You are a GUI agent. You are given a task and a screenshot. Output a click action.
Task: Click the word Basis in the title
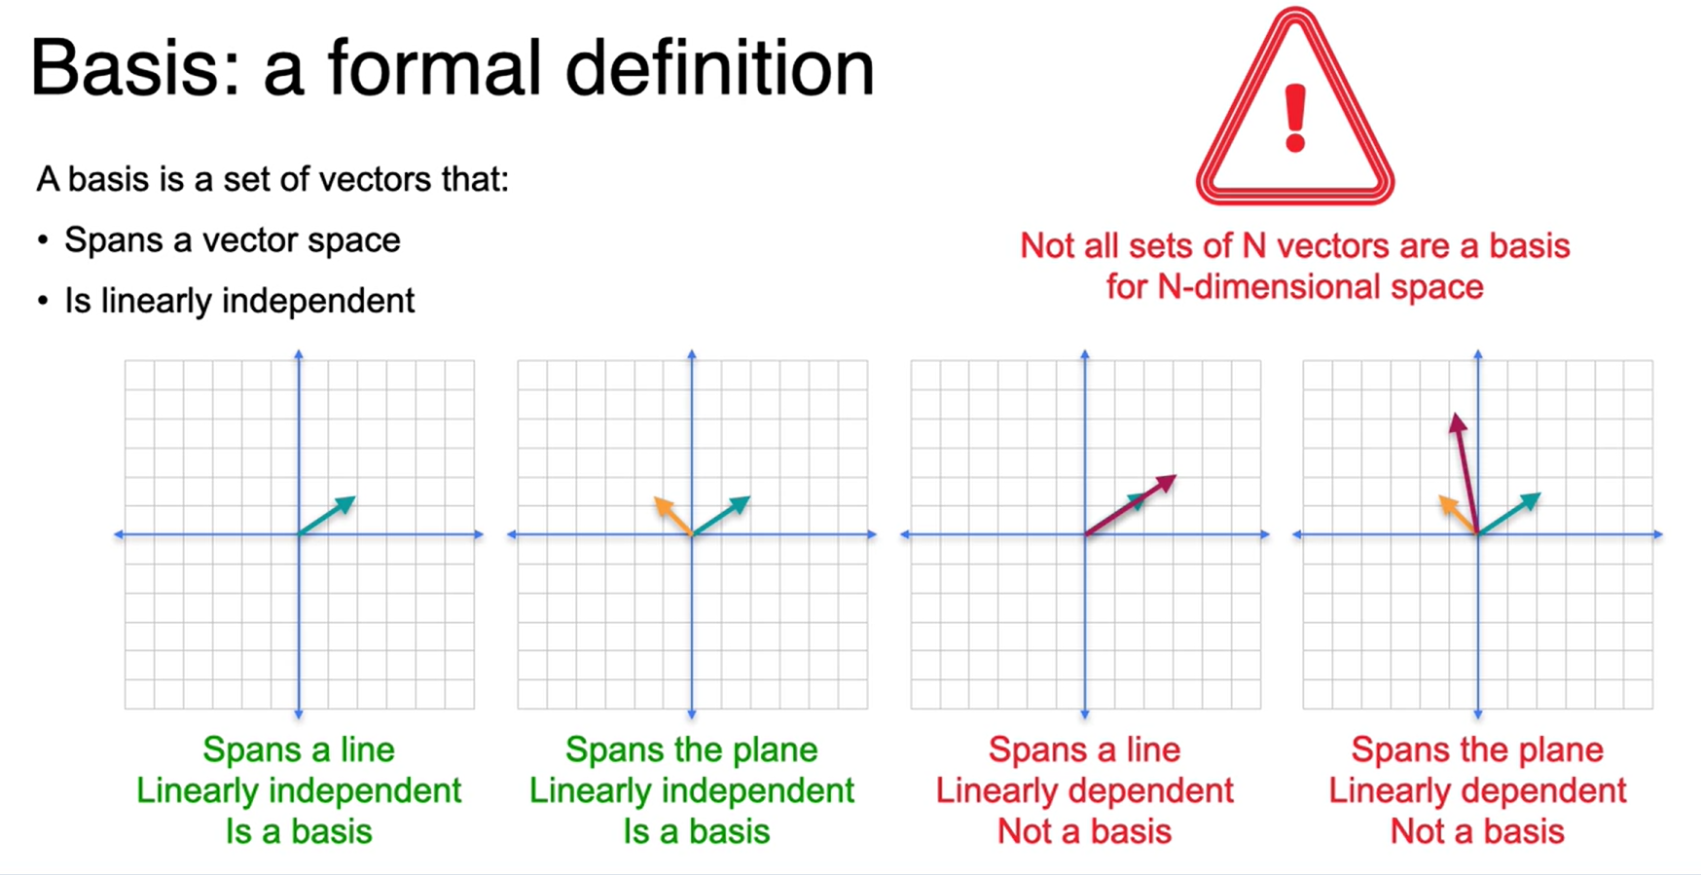point(135,68)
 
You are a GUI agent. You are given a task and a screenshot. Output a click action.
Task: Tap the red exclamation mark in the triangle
point(1295,118)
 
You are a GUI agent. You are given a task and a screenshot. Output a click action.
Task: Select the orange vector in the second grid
point(672,516)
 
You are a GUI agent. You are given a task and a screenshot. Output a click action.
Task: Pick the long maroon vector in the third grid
point(1131,504)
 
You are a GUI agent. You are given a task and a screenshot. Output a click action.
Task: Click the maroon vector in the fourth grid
point(1466,473)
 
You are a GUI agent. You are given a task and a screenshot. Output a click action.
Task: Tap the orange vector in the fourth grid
point(1458,515)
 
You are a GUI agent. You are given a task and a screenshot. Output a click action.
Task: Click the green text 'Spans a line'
point(299,749)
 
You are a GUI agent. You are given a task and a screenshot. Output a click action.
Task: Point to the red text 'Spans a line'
point(1084,749)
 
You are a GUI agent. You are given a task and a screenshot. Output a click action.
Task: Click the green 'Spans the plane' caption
point(691,749)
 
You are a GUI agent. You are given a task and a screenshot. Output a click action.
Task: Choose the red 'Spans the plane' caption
point(1477,749)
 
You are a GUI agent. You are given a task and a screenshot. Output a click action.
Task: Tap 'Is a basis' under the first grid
point(299,831)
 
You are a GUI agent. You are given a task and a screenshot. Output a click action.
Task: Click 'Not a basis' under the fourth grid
point(1477,831)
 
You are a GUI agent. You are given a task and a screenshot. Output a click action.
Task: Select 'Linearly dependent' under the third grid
point(1084,790)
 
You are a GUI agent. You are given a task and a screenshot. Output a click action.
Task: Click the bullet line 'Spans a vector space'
point(233,240)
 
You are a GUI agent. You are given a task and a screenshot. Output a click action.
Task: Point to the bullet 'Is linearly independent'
point(239,301)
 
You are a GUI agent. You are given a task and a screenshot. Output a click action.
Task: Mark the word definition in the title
point(719,68)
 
